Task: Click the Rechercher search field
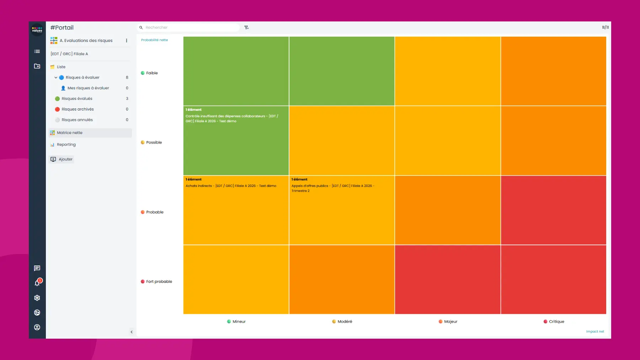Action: [x=190, y=27]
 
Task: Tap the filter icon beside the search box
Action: [x=246, y=27]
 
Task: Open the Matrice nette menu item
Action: [x=70, y=133]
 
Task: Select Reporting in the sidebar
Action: [x=66, y=145]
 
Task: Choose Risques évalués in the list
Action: [x=77, y=98]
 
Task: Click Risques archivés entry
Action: [x=78, y=109]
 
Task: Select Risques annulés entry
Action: [x=77, y=120]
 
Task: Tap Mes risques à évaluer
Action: [x=88, y=88]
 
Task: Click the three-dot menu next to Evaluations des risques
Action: [x=127, y=41]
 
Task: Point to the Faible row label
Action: [x=152, y=73]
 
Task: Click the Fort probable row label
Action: [x=159, y=281]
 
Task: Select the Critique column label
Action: [x=556, y=322]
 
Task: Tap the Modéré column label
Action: [x=345, y=322]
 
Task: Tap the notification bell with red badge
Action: [x=37, y=283]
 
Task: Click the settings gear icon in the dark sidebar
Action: [x=37, y=298]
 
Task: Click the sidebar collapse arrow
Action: [x=132, y=332]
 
